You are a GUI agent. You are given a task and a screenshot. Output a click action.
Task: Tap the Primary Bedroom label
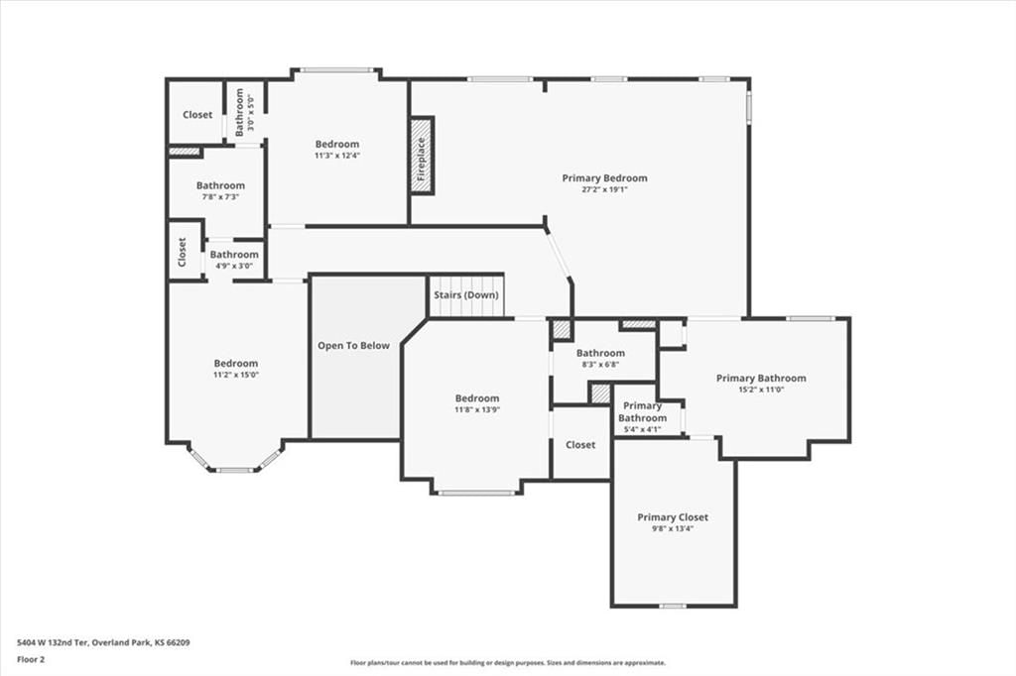point(604,178)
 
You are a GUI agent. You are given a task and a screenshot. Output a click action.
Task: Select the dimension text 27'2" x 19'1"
point(604,189)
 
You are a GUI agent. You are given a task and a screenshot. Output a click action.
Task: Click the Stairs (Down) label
point(466,295)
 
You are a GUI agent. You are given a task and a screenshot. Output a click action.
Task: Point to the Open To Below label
point(354,346)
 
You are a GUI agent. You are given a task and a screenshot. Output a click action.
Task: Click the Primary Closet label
point(673,517)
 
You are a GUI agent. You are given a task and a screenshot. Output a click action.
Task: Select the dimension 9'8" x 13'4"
point(673,528)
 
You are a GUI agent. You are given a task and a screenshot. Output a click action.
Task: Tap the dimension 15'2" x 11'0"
point(761,390)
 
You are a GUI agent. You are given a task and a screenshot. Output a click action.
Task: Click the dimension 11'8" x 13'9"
point(477,409)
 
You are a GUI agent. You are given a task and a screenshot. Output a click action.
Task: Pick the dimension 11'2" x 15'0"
point(236,375)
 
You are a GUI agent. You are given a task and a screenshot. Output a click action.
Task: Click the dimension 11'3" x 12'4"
point(337,156)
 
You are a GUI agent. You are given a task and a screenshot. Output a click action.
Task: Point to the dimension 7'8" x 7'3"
point(221,197)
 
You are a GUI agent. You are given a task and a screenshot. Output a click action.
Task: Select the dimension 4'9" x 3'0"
point(234,266)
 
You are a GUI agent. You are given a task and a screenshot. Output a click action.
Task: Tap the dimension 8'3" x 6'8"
point(600,365)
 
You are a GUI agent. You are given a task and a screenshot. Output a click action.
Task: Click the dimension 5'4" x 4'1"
point(642,428)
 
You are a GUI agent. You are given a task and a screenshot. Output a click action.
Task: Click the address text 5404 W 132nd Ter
point(52,643)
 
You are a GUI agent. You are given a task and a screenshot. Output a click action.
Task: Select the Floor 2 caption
point(31,660)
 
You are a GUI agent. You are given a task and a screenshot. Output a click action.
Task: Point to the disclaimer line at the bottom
point(508,662)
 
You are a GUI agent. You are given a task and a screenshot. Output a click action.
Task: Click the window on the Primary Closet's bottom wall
point(673,606)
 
